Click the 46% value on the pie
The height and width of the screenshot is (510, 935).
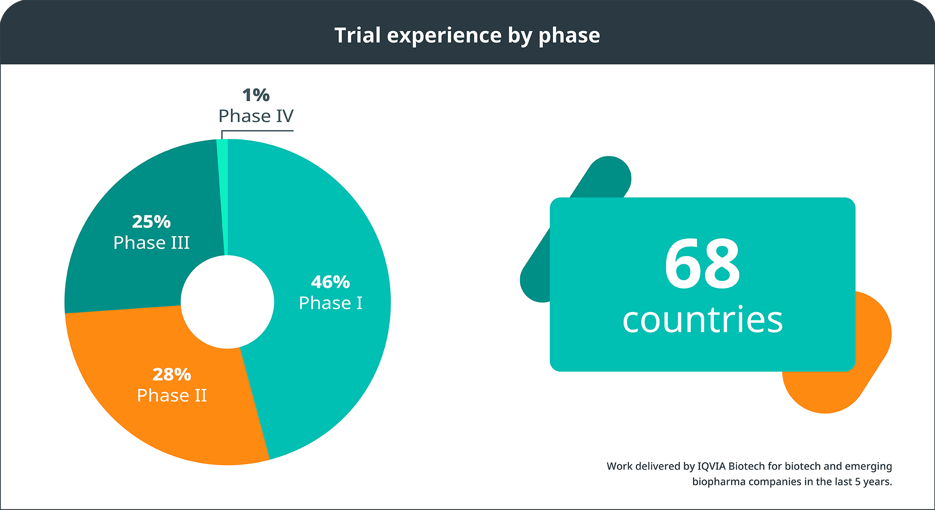point(330,282)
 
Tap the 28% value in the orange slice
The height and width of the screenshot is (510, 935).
point(172,375)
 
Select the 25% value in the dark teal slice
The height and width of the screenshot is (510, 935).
point(151,222)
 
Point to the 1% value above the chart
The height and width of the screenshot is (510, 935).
point(256,95)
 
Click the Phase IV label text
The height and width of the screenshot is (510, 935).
point(256,116)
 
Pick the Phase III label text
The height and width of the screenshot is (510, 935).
point(151,243)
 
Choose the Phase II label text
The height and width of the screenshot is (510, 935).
point(172,396)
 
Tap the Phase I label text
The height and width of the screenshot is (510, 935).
point(331,303)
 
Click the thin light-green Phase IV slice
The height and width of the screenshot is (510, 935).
point(223,195)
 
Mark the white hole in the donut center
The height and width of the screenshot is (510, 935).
point(227,302)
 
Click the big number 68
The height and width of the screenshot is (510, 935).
point(702,264)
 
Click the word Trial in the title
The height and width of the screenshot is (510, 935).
point(357,36)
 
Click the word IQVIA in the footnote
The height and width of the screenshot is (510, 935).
point(711,466)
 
